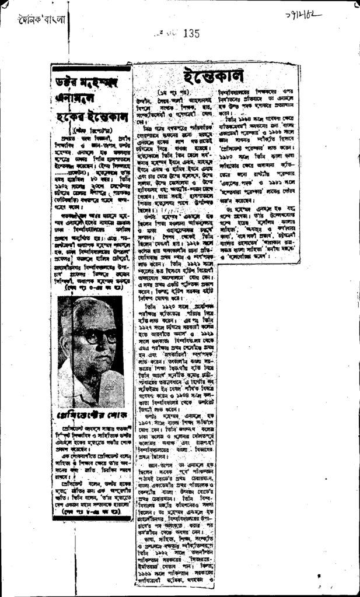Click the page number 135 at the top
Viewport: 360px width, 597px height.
(191, 33)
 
